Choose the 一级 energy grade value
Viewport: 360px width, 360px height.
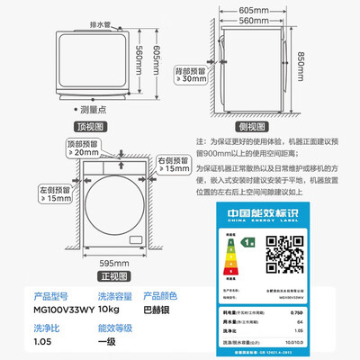(x=85, y=342)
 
